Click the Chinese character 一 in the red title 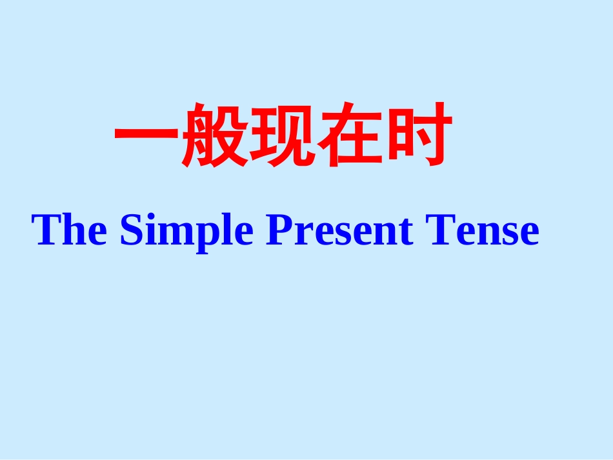point(147,135)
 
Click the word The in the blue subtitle point(70,230)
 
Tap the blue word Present point(339,230)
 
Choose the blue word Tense point(481,230)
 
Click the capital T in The point(46,230)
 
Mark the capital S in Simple point(131,230)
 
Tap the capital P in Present point(279,230)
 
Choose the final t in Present point(406,232)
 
